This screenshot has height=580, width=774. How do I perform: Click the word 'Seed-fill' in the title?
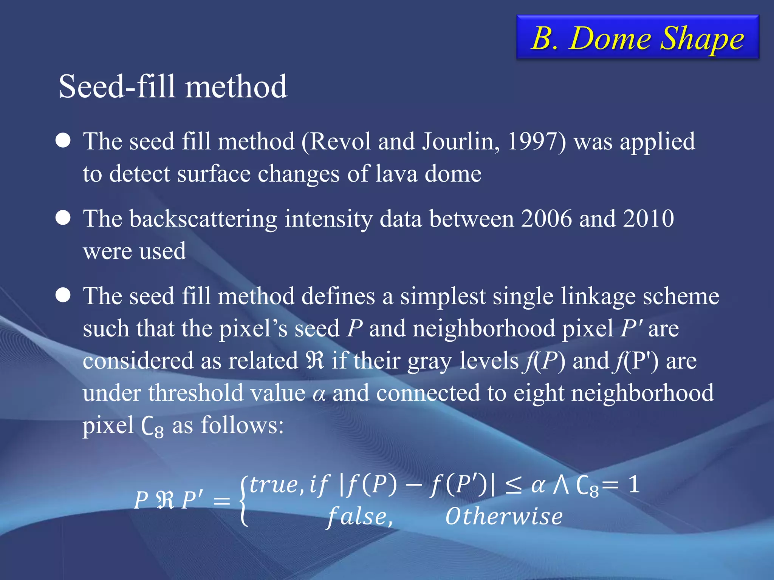point(117,86)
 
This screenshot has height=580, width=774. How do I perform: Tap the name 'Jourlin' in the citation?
point(461,142)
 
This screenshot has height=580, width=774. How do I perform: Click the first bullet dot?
point(63,140)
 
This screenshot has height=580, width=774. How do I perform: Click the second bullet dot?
point(63,218)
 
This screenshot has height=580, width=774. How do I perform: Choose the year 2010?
point(649,219)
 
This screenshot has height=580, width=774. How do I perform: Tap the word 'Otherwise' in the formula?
point(504,517)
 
